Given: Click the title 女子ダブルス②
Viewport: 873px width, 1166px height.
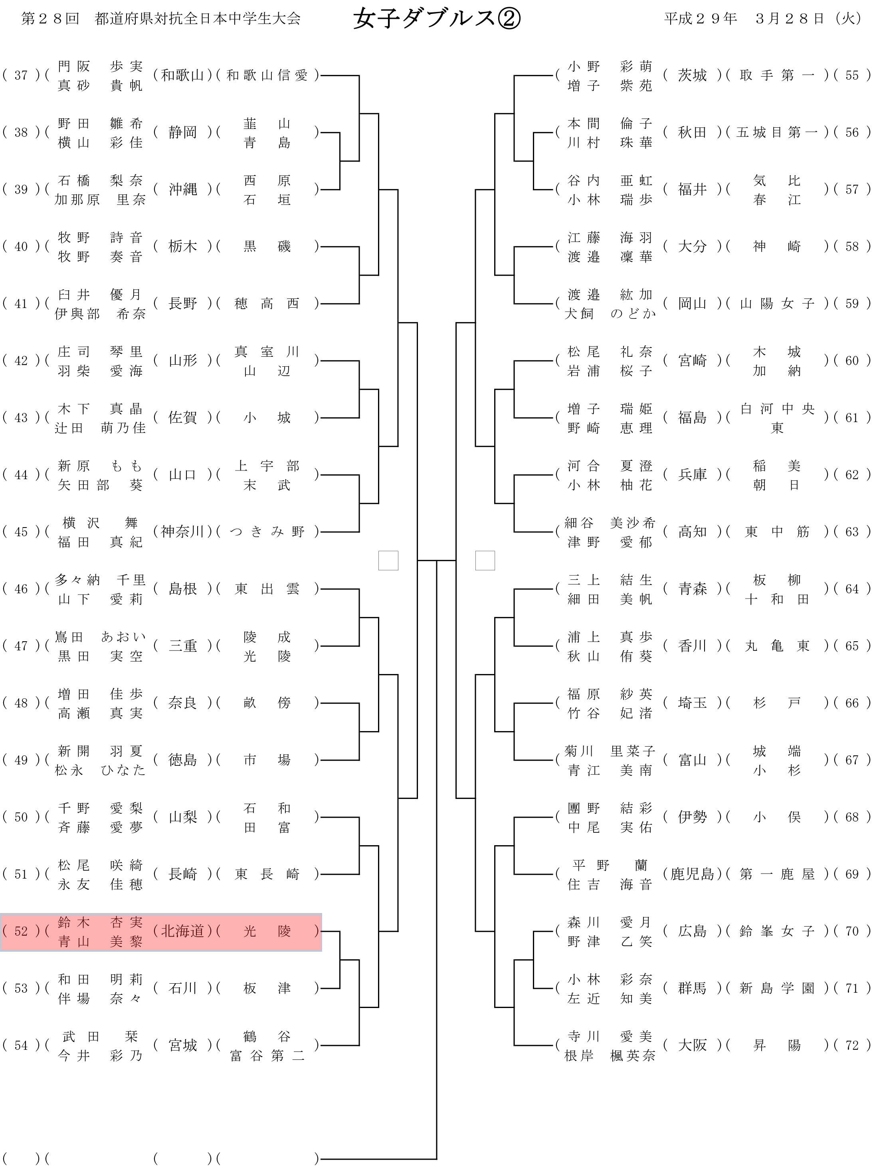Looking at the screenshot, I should pos(437,19).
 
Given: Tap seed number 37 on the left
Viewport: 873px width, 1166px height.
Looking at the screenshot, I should pos(21,75).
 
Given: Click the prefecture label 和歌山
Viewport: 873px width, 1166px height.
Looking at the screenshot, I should pos(182,75).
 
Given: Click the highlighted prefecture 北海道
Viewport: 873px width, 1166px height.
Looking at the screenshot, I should pos(182,931).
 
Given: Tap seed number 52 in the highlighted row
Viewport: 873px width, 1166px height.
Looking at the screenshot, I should pos(21,931).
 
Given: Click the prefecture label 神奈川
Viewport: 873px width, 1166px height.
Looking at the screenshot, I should pos(182,532).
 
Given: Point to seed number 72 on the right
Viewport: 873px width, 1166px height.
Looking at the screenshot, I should pos(852,1045).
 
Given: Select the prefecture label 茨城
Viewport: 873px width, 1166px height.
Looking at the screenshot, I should pos(692,75).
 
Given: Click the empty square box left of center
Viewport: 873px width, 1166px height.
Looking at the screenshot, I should pos(388,560).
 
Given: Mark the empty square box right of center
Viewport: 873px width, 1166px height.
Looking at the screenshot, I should pos(485,560).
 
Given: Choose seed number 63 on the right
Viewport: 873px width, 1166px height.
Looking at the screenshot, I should pos(852,532).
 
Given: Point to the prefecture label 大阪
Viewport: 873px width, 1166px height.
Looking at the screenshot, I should pos(692,1045).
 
